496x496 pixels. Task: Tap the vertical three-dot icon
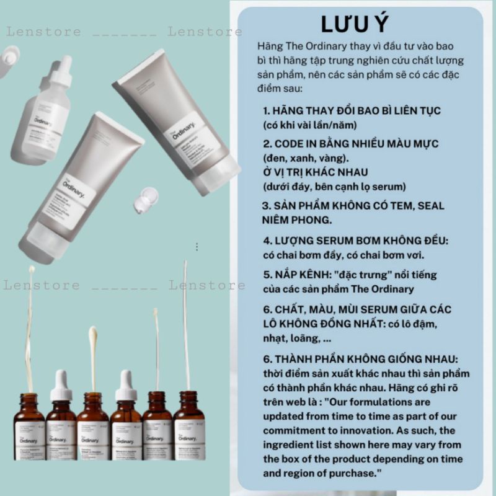tap(197, 247)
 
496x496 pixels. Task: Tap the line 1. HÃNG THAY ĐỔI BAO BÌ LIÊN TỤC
tap(352, 110)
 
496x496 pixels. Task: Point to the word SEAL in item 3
tap(430, 205)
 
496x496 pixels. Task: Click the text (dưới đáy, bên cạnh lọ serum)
tap(335, 186)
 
